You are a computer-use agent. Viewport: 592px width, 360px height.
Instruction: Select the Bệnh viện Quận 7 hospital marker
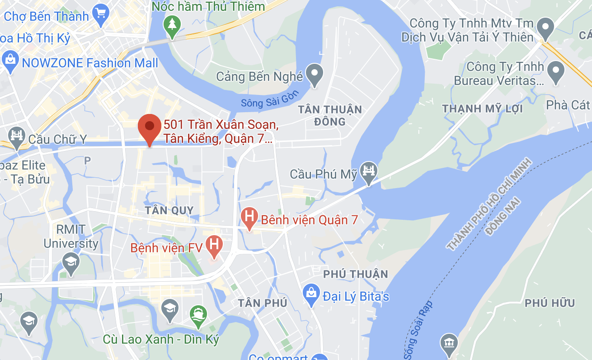click(249, 218)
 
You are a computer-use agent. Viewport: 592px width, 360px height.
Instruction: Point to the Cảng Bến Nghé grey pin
click(314, 75)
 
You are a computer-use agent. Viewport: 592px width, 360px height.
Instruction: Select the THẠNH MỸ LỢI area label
click(482, 109)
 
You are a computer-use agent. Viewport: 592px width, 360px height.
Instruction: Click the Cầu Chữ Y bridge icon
click(17, 137)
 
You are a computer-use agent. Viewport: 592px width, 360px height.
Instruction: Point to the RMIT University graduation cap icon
click(70, 263)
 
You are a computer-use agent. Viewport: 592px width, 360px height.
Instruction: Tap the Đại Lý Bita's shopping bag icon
click(311, 294)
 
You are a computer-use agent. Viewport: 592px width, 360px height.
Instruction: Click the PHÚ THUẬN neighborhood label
click(356, 274)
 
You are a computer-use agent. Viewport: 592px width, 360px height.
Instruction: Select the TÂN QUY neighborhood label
click(169, 210)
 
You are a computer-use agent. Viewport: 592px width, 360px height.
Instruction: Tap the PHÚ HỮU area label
click(550, 303)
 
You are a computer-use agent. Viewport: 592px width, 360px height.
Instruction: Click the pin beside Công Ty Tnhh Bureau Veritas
click(555, 73)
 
